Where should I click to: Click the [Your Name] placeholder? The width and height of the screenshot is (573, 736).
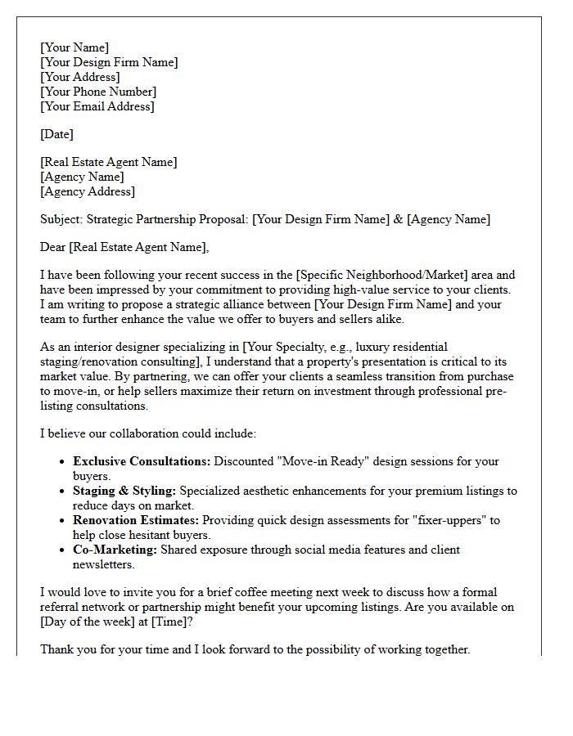(x=74, y=47)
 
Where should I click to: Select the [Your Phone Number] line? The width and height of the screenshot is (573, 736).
(x=98, y=92)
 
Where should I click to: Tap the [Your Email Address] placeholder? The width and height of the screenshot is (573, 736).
(x=97, y=106)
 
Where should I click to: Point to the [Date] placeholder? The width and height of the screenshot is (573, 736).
(x=56, y=134)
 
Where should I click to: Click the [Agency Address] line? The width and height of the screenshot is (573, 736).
(x=88, y=191)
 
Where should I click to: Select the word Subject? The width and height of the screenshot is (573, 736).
(x=61, y=219)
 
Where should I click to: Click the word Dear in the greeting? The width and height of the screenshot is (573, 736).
(x=53, y=247)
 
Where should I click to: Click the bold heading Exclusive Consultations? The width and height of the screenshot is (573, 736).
(x=142, y=461)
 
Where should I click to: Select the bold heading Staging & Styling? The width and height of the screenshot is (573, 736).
(x=124, y=491)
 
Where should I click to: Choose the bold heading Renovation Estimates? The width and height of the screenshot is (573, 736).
(x=135, y=520)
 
